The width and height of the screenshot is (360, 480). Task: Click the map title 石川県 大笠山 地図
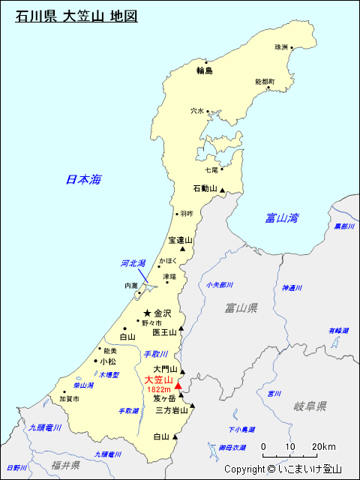click(76, 15)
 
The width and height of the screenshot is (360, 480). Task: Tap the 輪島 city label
click(205, 71)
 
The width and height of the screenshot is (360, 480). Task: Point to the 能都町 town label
click(265, 81)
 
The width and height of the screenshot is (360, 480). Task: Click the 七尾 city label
click(211, 170)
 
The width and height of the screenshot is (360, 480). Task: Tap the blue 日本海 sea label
click(82, 179)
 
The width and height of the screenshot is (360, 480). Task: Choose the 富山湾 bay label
click(281, 218)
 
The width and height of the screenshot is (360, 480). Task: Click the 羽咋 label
click(187, 214)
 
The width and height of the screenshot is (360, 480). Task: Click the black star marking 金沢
click(148, 313)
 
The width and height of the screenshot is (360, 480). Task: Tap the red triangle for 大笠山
click(178, 385)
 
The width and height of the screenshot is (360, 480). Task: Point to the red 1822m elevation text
click(159, 390)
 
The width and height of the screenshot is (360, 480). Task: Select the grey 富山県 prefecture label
click(241, 308)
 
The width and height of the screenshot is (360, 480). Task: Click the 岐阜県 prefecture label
click(310, 406)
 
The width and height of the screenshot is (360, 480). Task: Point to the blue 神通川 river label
click(292, 287)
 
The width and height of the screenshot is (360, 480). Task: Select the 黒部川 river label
click(343, 226)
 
